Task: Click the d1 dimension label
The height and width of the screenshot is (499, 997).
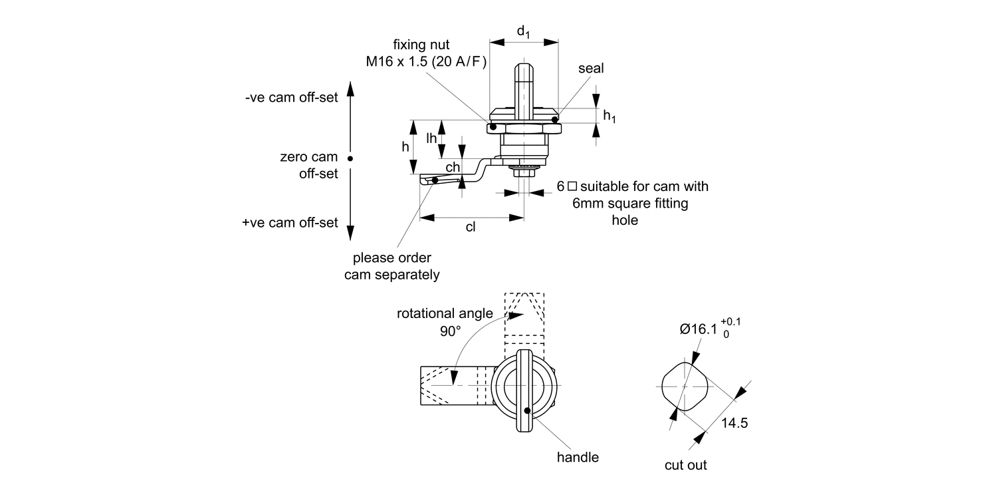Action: (524, 31)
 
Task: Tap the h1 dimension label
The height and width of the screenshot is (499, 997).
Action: (609, 116)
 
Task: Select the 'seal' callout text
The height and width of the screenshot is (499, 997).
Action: (591, 69)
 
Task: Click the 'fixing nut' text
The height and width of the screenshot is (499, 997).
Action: (421, 45)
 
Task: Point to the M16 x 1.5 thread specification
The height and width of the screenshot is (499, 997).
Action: (426, 62)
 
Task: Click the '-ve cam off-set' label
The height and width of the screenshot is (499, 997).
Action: (291, 97)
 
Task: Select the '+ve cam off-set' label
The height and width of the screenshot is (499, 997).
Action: (290, 223)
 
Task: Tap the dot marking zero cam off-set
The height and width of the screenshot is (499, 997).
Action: (350, 158)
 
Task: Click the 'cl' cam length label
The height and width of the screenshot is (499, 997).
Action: (471, 227)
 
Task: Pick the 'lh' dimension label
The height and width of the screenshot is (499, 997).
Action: (432, 138)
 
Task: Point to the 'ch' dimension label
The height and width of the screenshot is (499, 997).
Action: (453, 168)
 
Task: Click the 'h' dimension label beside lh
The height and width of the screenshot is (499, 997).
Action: (405, 147)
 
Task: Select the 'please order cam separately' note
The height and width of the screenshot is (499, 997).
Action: (391, 266)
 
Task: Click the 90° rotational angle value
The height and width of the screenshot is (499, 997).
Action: (449, 331)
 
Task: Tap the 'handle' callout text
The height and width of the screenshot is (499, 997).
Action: (578, 457)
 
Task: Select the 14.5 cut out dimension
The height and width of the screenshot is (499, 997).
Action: (734, 423)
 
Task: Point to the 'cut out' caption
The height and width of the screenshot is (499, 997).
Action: (685, 465)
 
